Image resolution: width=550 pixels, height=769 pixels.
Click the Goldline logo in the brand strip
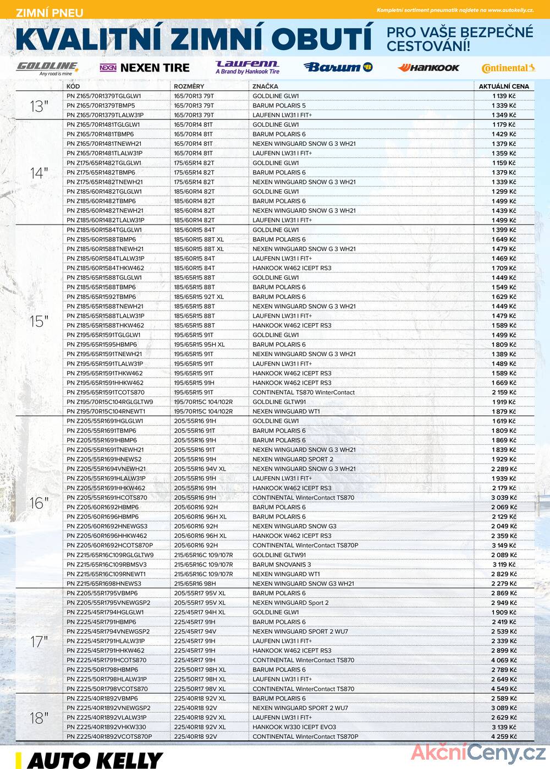(x=47, y=68)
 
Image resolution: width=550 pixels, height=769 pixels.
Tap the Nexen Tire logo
(x=145, y=68)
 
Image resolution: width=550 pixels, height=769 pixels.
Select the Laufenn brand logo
(x=248, y=68)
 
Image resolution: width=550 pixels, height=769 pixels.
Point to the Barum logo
(x=338, y=67)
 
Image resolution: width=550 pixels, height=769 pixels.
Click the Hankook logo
(x=428, y=68)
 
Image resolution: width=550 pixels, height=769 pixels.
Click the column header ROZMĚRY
(x=189, y=86)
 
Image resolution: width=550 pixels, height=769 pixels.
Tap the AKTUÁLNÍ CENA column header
(x=504, y=86)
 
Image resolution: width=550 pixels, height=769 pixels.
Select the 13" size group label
(x=39, y=106)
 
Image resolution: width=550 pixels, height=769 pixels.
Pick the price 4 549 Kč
(x=504, y=689)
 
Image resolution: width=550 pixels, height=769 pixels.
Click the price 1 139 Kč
(x=504, y=96)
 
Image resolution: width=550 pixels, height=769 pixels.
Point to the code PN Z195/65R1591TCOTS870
(x=106, y=392)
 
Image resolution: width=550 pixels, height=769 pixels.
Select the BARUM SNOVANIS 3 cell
(x=282, y=565)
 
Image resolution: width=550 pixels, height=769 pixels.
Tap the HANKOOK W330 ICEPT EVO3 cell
(x=294, y=727)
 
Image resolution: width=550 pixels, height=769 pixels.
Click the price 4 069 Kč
(x=504, y=661)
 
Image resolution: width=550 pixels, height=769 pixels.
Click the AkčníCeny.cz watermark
(x=479, y=752)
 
